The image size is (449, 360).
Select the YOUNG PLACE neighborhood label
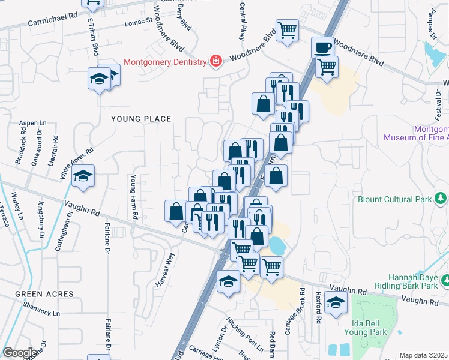[141, 119]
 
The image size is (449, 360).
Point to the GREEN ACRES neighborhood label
[44, 294]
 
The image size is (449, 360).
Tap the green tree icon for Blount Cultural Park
[441, 198]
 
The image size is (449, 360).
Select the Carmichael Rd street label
[53, 20]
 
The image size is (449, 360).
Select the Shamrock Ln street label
[43, 313]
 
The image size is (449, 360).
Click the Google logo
[20, 353]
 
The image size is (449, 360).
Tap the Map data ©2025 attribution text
[423, 355]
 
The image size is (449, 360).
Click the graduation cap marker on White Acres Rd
[83, 176]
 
